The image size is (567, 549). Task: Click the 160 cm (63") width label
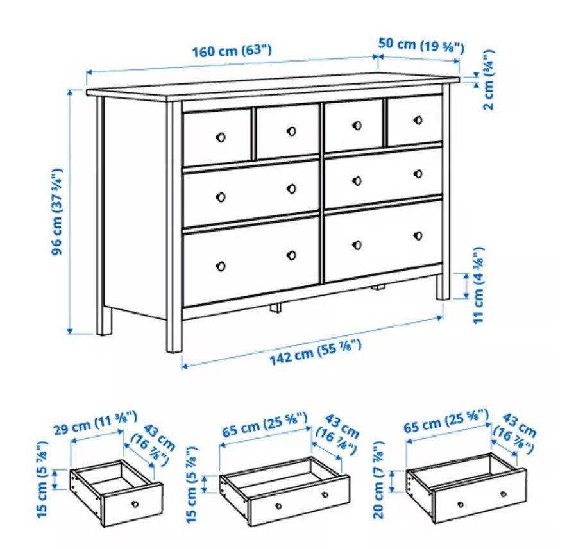coord(232,50)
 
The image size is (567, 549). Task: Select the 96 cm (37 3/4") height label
coord(57,211)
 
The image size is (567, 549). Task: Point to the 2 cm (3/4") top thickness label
coord(488,80)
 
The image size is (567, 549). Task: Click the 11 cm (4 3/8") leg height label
coord(478,285)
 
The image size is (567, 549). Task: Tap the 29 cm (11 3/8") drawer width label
coord(96,423)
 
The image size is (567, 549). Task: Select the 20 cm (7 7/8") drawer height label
coord(378,480)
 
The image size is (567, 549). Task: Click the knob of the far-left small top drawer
coord(220,137)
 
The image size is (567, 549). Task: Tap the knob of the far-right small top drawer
coord(418,121)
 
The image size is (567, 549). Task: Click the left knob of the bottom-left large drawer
coord(220,266)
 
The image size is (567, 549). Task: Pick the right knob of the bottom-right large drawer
coord(418,236)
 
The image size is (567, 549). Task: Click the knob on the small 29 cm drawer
coord(135,504)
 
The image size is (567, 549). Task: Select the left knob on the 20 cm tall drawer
coord(461,505)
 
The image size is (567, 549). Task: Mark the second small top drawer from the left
coord(288,131)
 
